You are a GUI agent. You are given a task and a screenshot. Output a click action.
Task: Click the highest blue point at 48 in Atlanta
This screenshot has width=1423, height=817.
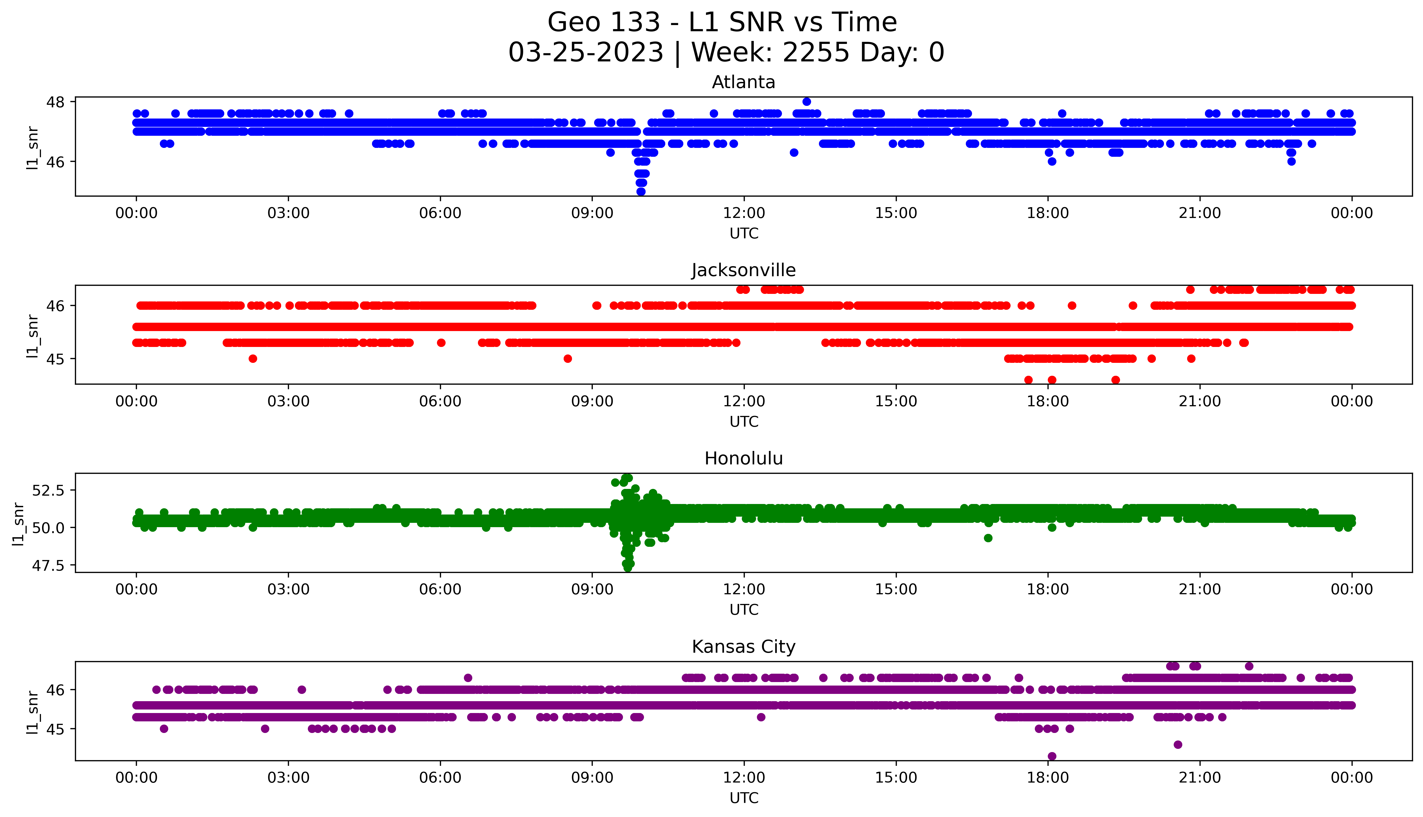click(x=807, y=102)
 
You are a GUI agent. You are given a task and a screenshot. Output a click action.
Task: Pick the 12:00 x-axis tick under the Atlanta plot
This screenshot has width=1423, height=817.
click(x=744, y=213)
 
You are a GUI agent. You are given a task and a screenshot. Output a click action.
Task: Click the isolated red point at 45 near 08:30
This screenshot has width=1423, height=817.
click(x=567, y=359)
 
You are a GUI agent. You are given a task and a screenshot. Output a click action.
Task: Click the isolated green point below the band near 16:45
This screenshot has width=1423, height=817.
click(x=988, y=538)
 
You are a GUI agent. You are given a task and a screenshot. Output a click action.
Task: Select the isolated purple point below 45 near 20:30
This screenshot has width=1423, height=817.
click(x=1178, y=745)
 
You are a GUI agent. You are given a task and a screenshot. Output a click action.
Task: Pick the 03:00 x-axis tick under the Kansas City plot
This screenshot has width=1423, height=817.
click(x=288, y=778)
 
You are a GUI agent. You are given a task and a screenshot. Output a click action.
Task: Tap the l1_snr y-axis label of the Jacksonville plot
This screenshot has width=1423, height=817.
click(x=33, y=336)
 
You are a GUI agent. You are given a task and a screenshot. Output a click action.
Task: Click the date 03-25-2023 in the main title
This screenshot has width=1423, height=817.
click(x=585, y=53)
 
